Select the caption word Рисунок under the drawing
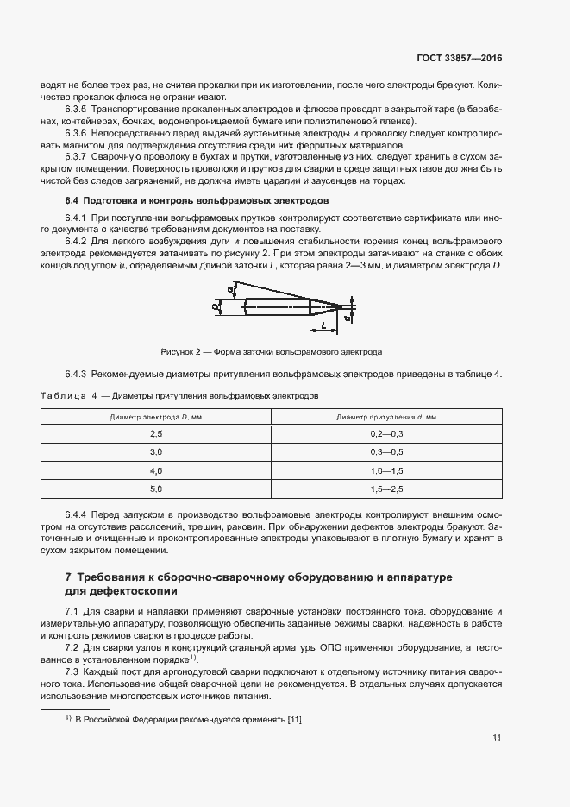pos(179,352)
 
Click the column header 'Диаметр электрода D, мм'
pos(155,417)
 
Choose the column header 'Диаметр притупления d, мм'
pos(385,417)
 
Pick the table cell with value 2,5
pos(156,434)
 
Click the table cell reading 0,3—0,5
pos(386,452)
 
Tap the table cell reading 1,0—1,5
pos(386,471)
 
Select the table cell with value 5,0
pos(156,489)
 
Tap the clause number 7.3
pos(75,671)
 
